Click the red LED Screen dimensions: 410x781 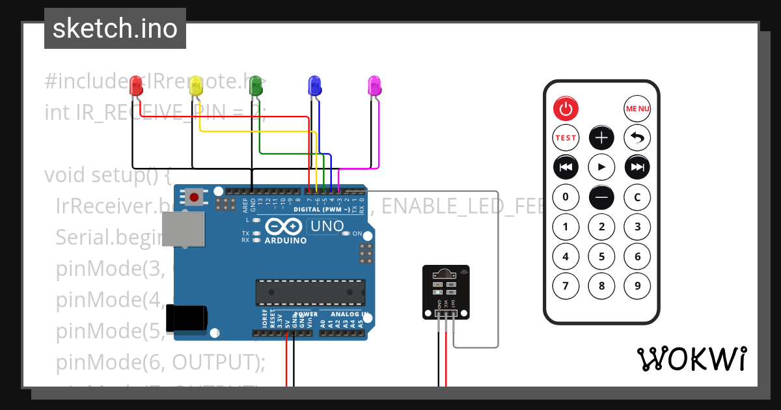[136, 86]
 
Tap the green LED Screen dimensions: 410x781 [255, 85]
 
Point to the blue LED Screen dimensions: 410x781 [314, 86]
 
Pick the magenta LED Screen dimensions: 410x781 [374, 86]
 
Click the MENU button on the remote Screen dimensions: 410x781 [637, 109]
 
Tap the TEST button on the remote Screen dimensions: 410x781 [566, 138]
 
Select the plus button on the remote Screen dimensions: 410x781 [601, 138]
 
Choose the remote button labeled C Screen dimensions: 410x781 [637, 197]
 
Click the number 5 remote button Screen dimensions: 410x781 [601, 256]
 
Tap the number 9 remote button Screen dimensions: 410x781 [637, 286]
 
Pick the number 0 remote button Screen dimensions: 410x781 [566, 197]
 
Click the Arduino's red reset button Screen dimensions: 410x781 [193, 197]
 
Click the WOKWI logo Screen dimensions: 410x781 [691, 359]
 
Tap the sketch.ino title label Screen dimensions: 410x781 [115, 29]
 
